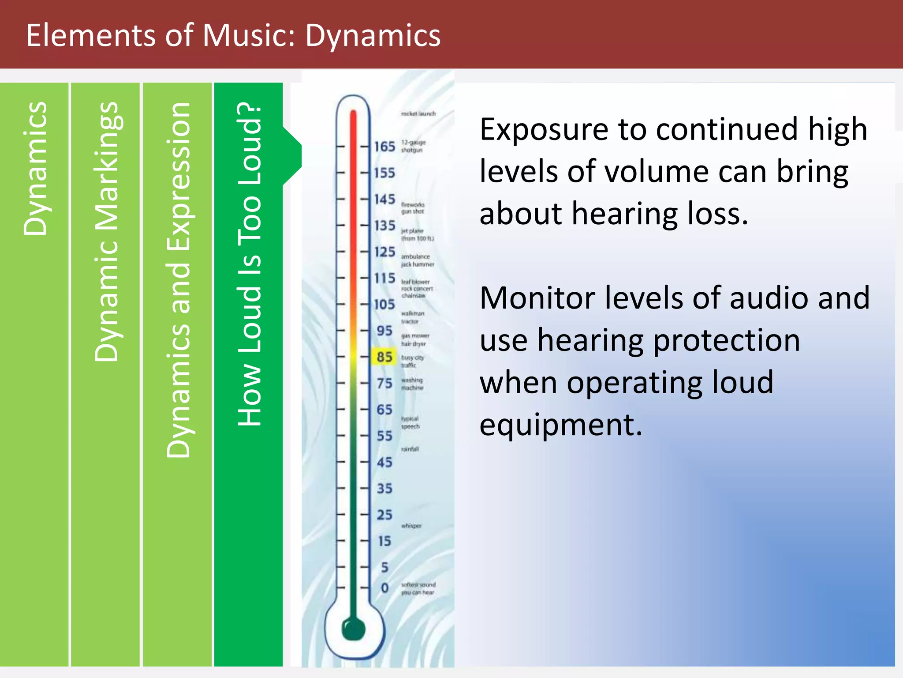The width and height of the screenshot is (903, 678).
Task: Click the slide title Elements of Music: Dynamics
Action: pos(233,35)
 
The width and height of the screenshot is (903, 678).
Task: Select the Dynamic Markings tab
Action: pos(106,232)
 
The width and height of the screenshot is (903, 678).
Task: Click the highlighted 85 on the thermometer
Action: pos(384,357)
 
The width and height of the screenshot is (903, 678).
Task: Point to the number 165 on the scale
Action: pos(384,147)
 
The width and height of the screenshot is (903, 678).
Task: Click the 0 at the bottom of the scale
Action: pos(384,588)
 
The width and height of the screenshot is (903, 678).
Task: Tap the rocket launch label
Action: pos(418,113)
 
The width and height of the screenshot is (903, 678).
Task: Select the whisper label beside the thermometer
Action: pos(411,526)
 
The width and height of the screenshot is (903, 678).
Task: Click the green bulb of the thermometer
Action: pos(354,629)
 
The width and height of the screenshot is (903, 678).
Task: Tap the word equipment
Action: pos(561,425)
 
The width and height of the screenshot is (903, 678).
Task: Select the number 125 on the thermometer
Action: pos(384,252)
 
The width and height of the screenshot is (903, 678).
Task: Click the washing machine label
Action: pos(412,384)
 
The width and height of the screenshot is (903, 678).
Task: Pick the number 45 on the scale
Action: pos(384,463)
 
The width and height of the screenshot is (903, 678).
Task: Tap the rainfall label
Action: pos(410,449)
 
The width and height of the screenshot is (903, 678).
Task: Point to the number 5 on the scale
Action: pos(384,567)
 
